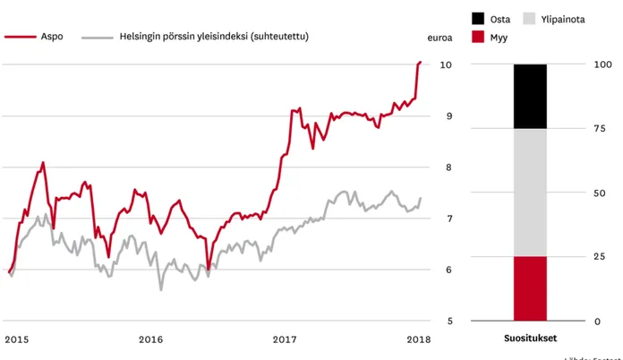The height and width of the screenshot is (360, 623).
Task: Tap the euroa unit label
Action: (440, 39)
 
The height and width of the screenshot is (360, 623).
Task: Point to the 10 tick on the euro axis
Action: (445, 65)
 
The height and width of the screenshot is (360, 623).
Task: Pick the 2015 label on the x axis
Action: (16, 339)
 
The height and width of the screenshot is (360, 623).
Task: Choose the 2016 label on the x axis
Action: (150, 339)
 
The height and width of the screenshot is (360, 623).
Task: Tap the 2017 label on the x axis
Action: (285, 339)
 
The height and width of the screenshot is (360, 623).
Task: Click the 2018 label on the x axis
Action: (418, 339)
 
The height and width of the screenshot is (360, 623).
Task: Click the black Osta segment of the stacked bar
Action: (530, 97)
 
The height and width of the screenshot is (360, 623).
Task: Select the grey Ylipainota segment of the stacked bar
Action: (530, 193)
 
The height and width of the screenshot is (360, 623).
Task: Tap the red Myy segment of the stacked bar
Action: (530, 288)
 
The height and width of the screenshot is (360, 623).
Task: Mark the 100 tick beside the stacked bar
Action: (602, 65)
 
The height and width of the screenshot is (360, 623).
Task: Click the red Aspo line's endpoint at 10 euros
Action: (421, 62)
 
